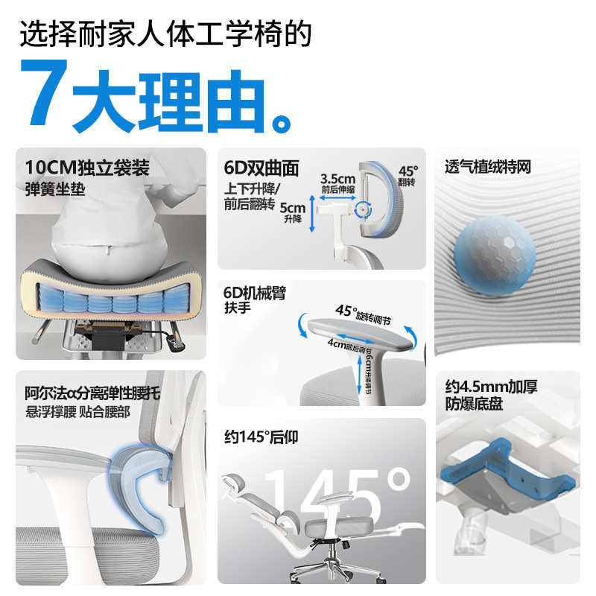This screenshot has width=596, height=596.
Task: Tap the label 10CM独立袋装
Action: coord(87,167)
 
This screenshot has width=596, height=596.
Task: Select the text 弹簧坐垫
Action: coord(55,188)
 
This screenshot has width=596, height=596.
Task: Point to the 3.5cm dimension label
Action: coord(337,178)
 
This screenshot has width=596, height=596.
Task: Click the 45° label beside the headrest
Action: coord(409,171)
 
